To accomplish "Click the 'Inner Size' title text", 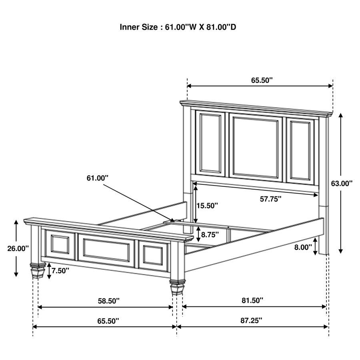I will pyautogui.click(x=180, y=27).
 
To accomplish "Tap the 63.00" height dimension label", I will pyautogui.click(x=342, y=183).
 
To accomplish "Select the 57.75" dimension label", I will pyautogui.click(x=268, y=198).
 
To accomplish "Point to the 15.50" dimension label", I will pyautogui.click(x=207, y=206).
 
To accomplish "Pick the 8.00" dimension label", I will pyautogui.click(x=303, y=247).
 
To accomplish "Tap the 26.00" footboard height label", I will pyautogui.click(x=18, y=248).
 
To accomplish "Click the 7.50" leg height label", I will pyautogui.click(x=60, y=270).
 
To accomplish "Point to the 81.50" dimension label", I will pyautogui.click(x=252, y=300).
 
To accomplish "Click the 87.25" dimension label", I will pyautogui.click(x=251, y=320).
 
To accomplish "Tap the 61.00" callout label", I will pyautogui.click(x=98, y=178).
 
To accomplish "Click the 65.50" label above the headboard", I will pyautogui.click(x=262, y=80).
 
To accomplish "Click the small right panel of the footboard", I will pyautogui.click(x=153, y=256).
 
